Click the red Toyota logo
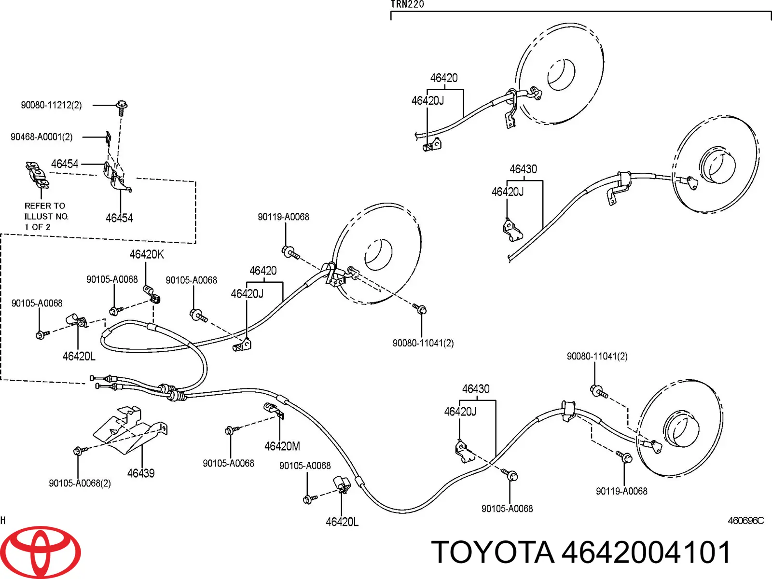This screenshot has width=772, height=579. (41, 552)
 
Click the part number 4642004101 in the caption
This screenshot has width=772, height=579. (646, 552)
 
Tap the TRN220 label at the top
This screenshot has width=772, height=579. (407, 4)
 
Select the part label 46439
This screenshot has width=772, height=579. (141, 473)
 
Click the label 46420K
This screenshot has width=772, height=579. (147, 254)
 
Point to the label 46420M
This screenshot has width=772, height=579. (282, 446)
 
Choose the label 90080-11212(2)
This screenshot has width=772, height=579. (51, 105)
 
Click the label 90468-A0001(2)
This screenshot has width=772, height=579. (41, 137)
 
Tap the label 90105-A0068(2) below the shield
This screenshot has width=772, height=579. (80, 483)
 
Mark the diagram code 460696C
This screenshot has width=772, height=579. (746, 520)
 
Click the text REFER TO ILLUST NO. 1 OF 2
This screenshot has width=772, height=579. (46, 216)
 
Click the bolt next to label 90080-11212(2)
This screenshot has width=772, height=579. (122, 108)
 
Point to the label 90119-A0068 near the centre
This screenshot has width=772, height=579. (284, 217)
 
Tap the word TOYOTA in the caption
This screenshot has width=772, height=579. (493, 552)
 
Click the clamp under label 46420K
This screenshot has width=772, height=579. (152, 294)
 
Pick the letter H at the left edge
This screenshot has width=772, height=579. (3, 520)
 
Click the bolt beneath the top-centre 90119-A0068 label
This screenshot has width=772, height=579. (290, 253)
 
